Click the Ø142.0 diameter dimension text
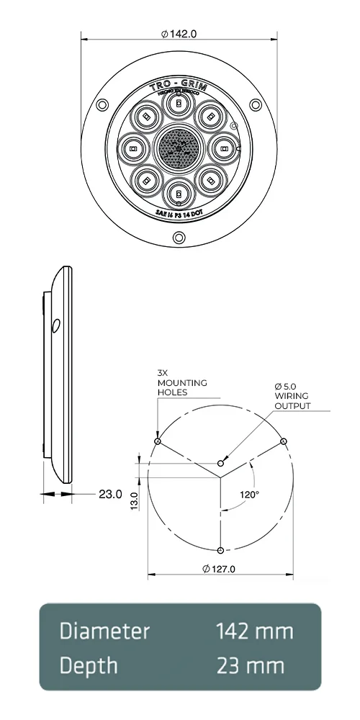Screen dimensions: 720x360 tap(179, 34)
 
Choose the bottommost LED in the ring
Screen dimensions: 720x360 tap(178, 194)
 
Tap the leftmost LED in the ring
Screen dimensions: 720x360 tap(132, 149)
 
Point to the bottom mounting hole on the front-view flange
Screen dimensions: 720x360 tap(178, 239)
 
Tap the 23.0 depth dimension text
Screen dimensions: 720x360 tap(109, 495)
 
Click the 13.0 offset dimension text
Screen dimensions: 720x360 tap(134, 497)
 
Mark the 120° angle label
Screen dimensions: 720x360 tap(250, 495)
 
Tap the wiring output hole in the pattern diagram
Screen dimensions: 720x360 tap(220, 461)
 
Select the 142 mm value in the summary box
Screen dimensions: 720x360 tap(254, 631)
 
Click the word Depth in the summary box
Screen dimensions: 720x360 tap(89, 666)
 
